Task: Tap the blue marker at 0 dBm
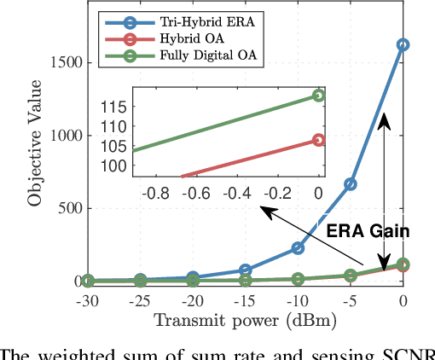[x=403, y=44]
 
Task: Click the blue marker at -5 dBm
[x=351, y=183]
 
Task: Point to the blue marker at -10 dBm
[x=298, y=247]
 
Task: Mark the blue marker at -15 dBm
[x=245, y=270]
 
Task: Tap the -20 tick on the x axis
[x=192, y=302]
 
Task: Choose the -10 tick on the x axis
[x=297, y=302]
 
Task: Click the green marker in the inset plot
[x=319, y=96]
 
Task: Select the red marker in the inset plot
[x=319, y=140]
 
